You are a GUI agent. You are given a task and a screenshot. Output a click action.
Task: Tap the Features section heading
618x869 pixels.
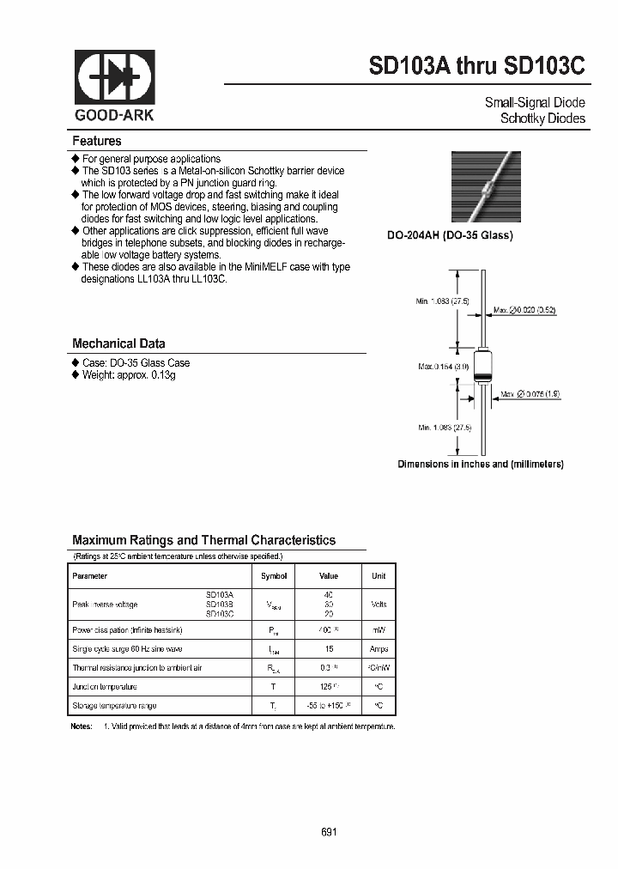(x=97, y=141)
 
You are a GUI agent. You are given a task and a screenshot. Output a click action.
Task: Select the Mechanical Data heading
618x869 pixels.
(x=118, y=343)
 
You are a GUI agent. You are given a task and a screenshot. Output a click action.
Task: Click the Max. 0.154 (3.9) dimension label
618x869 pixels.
(x=443, y=366)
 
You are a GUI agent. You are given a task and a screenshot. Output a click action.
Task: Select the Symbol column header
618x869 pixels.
(x=273, y=576)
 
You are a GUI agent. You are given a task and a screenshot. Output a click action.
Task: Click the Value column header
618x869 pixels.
(x=329, y=576)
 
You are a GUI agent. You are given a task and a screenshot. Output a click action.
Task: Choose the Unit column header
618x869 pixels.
(x=379, y=576)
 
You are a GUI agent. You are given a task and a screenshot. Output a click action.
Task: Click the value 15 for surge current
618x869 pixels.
(x=329, y=649)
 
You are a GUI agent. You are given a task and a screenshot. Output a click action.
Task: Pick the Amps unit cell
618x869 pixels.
(x=379, y=649)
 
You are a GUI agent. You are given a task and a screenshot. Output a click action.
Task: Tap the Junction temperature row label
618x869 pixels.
(x=105, y=686)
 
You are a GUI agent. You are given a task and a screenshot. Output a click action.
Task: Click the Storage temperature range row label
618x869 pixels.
(x=115, y=705)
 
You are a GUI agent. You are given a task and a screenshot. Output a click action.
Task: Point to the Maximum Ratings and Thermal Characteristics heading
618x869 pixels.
(x=203, y=540)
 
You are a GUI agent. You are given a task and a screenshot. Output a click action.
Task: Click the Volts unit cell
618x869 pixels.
(x=379, y=605)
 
